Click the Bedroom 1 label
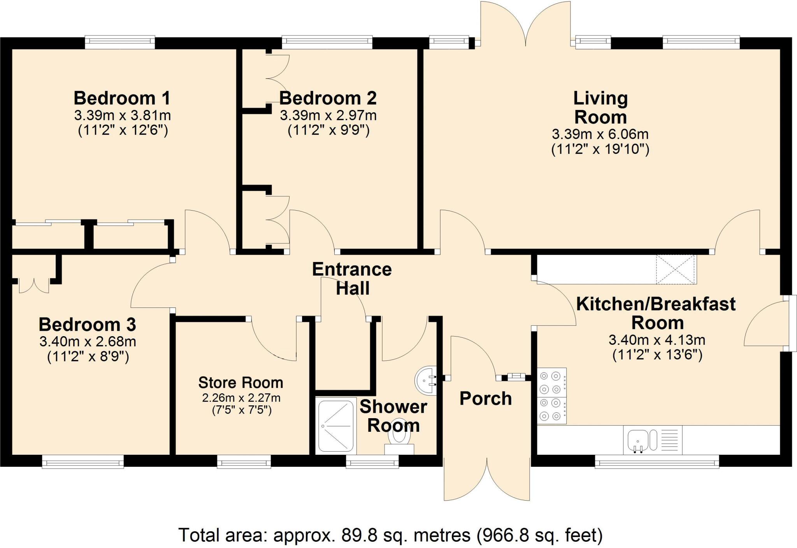click(x=122, y=98)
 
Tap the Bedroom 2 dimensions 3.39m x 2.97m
click(x=328, y=115)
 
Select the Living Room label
click(x=600, y=108)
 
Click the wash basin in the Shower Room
click(x=426, y=380)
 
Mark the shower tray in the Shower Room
click(x=336, y=426)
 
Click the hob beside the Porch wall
click(x=551, y=396)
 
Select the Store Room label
click(x=241, y=383)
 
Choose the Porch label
click(x=486, y=399)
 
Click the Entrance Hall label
click(x=352, y=279)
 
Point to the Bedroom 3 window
click(x=83, y=462)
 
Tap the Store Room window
click(x=244, y=462)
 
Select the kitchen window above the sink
click(x=657, y=462)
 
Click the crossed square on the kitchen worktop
click(x=676, y=269)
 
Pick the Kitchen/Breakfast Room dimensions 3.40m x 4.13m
click(x=657, y=340)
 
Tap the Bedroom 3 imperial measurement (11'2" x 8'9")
click(x=88, y=356)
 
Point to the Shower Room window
click(x=372, y=462)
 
